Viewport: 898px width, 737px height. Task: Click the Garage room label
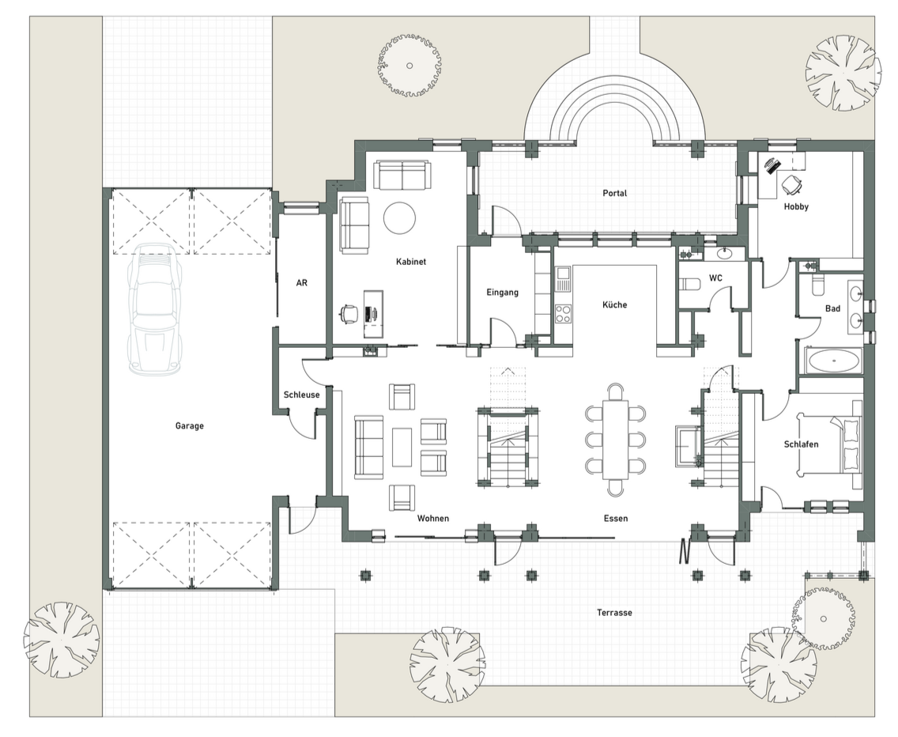point(190,425)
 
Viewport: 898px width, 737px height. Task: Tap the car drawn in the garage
point(155,309)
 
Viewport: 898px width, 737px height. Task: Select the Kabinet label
point(411,262)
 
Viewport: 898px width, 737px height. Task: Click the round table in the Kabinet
point(400,217)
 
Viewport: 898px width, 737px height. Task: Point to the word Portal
point(614,193)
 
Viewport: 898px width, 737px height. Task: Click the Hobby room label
point(796,206)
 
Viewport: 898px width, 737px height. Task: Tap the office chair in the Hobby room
point(791,184)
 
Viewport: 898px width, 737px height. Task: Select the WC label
point(716,278)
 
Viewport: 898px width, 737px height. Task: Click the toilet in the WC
point(689,284)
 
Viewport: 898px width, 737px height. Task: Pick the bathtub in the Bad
point(833,361)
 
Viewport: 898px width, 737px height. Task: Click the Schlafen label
point(802,444)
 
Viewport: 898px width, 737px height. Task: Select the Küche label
point(614,304)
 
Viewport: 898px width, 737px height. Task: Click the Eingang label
point(502,293)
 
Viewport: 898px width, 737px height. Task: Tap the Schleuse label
point(302,395)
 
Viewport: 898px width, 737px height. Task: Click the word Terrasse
point(614,613)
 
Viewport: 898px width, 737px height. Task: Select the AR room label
point(302,282)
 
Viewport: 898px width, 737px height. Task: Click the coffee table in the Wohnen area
point(402,448)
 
